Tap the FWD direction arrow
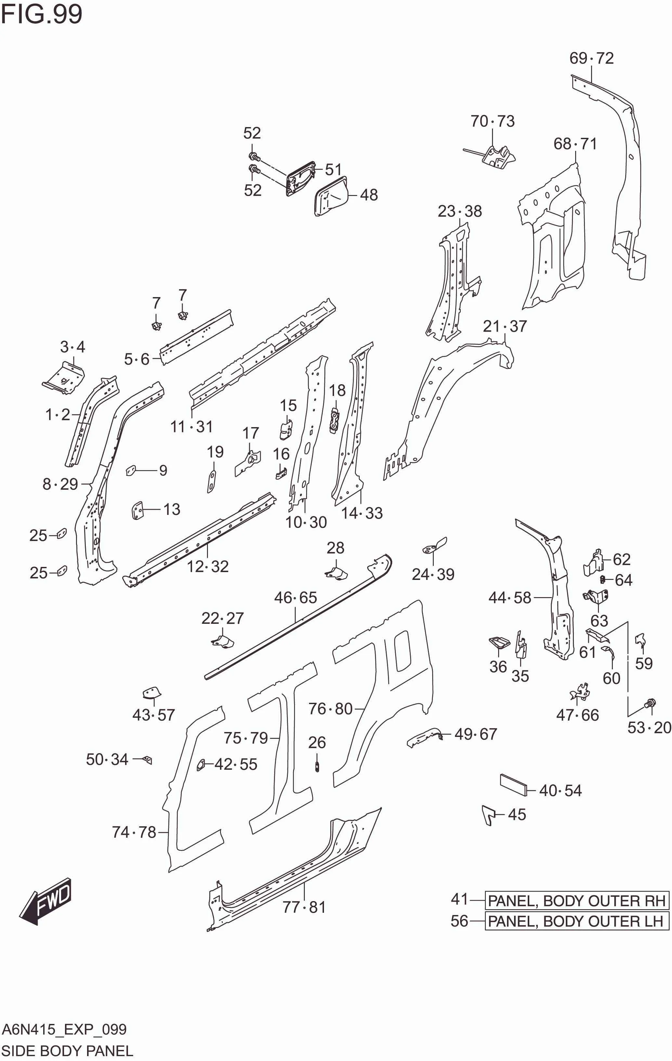pyautogui.click(x=46, y=901)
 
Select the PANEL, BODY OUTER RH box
pyautogui.click(x=576, y=901)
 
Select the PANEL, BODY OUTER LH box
pyautogui.click(x=576, y=921)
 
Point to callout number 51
pyautogui.click(x=333, y=170)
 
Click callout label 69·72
pyautogui.click(x=591, y=58)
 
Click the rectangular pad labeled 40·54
pyautogui.click(x=513, y=784)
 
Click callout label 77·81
pyautogui.click(x=304, y=907)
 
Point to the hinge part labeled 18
pyautogui.click(x=335, y=420)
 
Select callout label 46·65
pyautogui.click(x=295, y=598)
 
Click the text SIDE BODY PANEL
pyautogui.click(x=67, y=1051)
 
